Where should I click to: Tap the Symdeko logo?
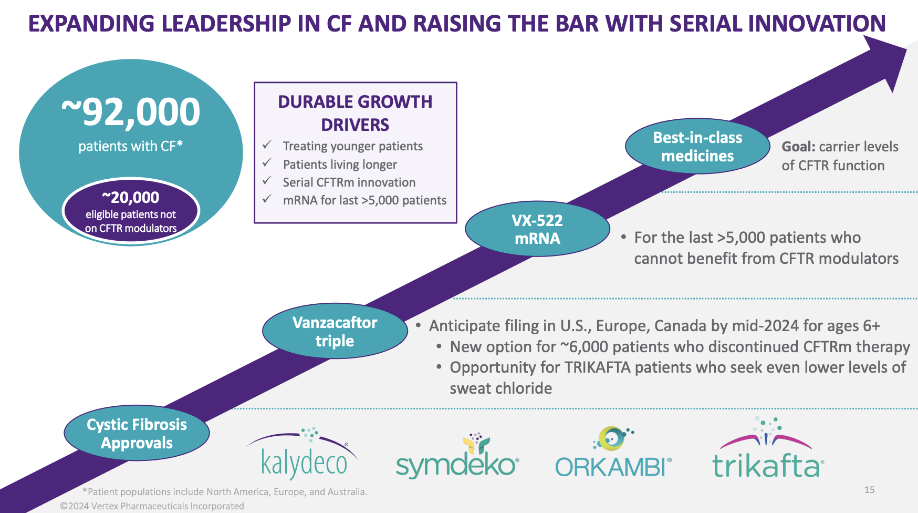coord(457,456)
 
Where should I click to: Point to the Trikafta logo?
coord(768,448)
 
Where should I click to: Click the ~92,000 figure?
coord(131,111)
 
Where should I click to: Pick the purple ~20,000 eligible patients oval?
coord(131,211)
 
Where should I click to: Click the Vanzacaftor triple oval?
coord(335,331)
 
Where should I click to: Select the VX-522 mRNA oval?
coord(537,229)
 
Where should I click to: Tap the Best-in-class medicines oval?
coord(697,147)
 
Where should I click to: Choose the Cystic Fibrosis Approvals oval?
coord(137,433)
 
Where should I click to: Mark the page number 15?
coord(870,490)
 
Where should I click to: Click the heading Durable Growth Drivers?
coord(355,113)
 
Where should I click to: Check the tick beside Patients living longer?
coord(267,163)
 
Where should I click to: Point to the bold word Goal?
coord(798,147)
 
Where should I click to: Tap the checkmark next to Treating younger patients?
coord(267,145)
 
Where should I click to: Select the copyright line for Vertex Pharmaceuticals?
coord(152,506)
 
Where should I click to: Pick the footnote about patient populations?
coord(225,492)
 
